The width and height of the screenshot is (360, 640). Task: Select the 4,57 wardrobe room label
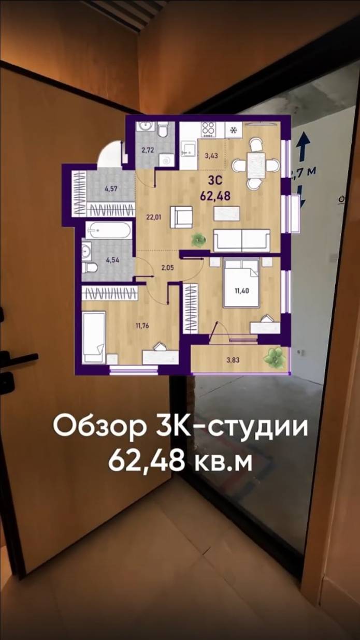[110, 189]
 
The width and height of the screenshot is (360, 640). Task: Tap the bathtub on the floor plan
[109, 230]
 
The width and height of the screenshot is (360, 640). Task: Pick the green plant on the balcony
[274, 356]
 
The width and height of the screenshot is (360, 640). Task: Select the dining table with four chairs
[255, 165]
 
